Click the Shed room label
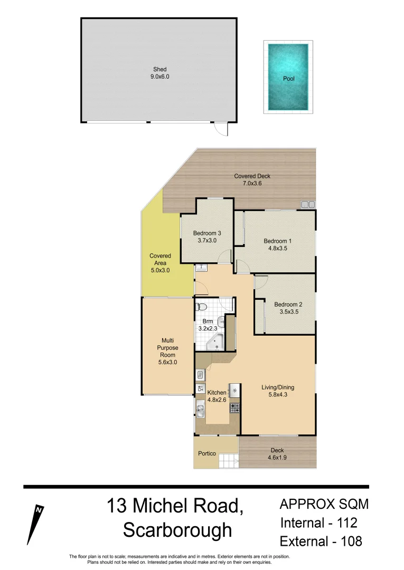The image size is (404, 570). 160,69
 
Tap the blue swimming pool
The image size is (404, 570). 288,78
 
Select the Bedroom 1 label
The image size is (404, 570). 278,241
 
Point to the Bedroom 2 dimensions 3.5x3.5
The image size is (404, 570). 288,312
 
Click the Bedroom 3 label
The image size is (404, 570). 206,233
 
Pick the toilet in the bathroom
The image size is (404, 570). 201,307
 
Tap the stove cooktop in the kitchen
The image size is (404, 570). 234,407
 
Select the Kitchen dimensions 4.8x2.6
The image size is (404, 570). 217,400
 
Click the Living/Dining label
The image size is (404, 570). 278,387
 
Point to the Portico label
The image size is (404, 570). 206,453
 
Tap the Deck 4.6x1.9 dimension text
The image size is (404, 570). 277,458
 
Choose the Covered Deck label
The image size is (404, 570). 252,176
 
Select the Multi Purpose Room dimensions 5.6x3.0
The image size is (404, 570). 167,363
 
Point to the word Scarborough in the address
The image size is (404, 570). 177,530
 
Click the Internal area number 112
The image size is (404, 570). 346,523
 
